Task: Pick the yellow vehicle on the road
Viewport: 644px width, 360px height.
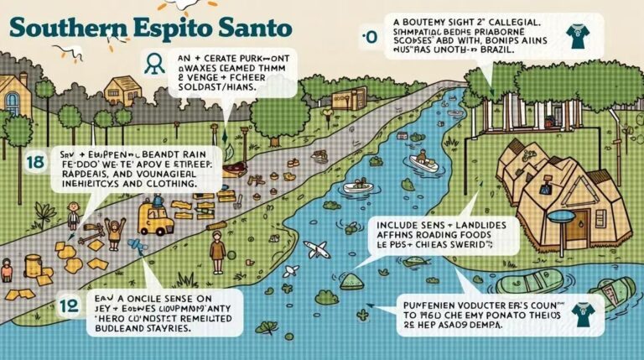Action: click(156, 218)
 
